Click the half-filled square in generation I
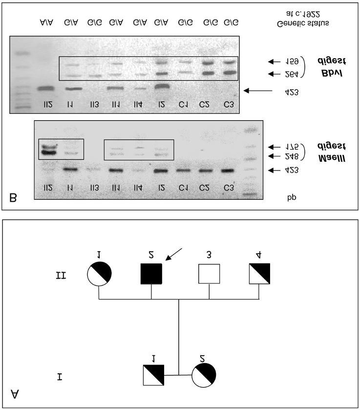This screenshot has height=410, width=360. click(x=151, y=375)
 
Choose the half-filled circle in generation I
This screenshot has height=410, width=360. click(x=204, y=375)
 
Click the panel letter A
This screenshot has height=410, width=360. click(x=15, y=394)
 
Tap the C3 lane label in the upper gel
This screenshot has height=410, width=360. click(x=229, y=104)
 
